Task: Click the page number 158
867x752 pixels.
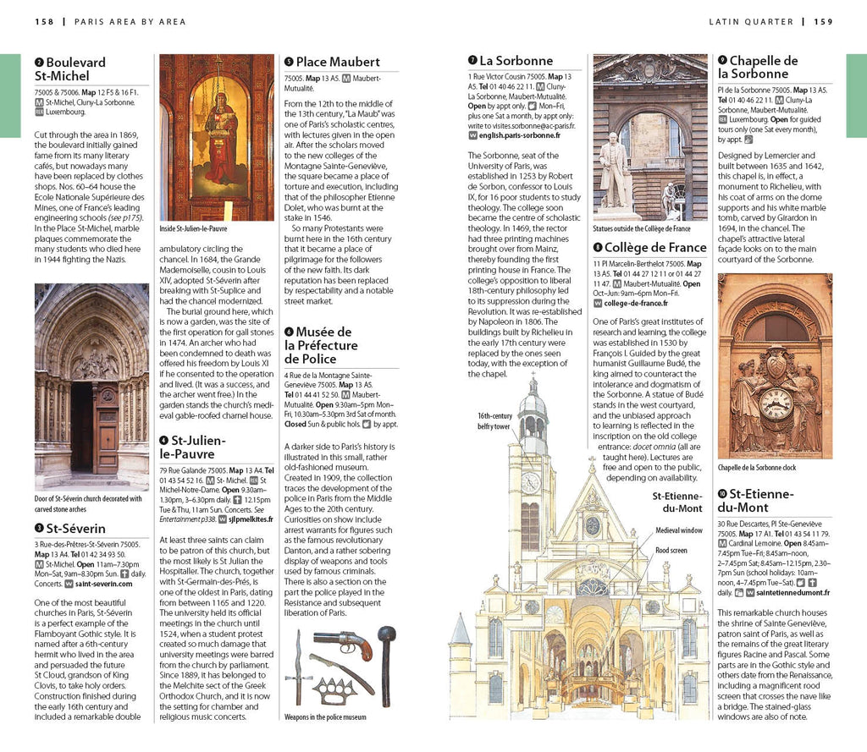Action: [46, 21]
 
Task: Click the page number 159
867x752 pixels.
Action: [823, 21]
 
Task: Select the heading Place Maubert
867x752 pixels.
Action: [338, 62]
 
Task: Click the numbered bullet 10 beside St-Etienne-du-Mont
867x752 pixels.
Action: [722, 494]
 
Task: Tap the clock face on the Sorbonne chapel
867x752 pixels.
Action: [775, 403]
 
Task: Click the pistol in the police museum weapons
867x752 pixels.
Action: [342, 641]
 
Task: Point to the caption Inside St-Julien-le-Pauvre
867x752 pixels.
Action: [194, 229]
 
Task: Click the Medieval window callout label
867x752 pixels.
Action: [679, 530]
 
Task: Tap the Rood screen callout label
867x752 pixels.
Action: [671, 551]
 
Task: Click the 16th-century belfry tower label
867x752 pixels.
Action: [494, 421]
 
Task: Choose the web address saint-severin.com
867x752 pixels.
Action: [103, 584]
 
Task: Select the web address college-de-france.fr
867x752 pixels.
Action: [635, 303]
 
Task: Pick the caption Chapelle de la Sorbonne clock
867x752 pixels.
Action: [757, 467]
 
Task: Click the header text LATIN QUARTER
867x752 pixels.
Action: [751, 21]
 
